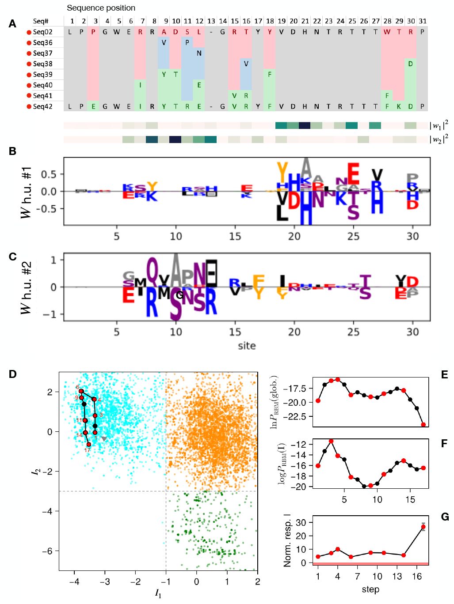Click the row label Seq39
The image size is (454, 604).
pyautogui.click(x=42, y=75)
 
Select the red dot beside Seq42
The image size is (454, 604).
pyautogui.click(x=29, y=106)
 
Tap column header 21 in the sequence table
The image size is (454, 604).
pyautogui.click(x=305, y=21)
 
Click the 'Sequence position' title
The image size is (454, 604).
pyautogui.click(x=101, y=8)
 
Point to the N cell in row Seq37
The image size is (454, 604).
pyautogui.click(x=199, y=53)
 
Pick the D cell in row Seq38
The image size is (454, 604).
pyautogui.click(x=411, y=64)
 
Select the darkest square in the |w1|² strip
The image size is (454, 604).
pyautogui.click(x=305, y=125)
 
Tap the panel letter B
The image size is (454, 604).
pyautogui.click(x=12, y=151)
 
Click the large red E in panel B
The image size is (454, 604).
pyautogui.click(x=353, y=174)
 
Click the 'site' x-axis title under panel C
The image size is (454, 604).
pyautogui.click(x=247, y=346)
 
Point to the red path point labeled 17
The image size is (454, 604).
pyautogui.click(x=89, y=444)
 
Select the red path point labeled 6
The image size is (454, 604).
pyautogui.click(x=81, y=391)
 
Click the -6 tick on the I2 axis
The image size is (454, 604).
pyautogui.click(x=49, y=551)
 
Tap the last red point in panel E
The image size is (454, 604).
pyautogui.click(x=423, y=425)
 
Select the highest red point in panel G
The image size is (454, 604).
pyautogui.click(x=423, y=527)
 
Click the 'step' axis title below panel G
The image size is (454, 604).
pyautogui.click(x=370, y=589)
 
